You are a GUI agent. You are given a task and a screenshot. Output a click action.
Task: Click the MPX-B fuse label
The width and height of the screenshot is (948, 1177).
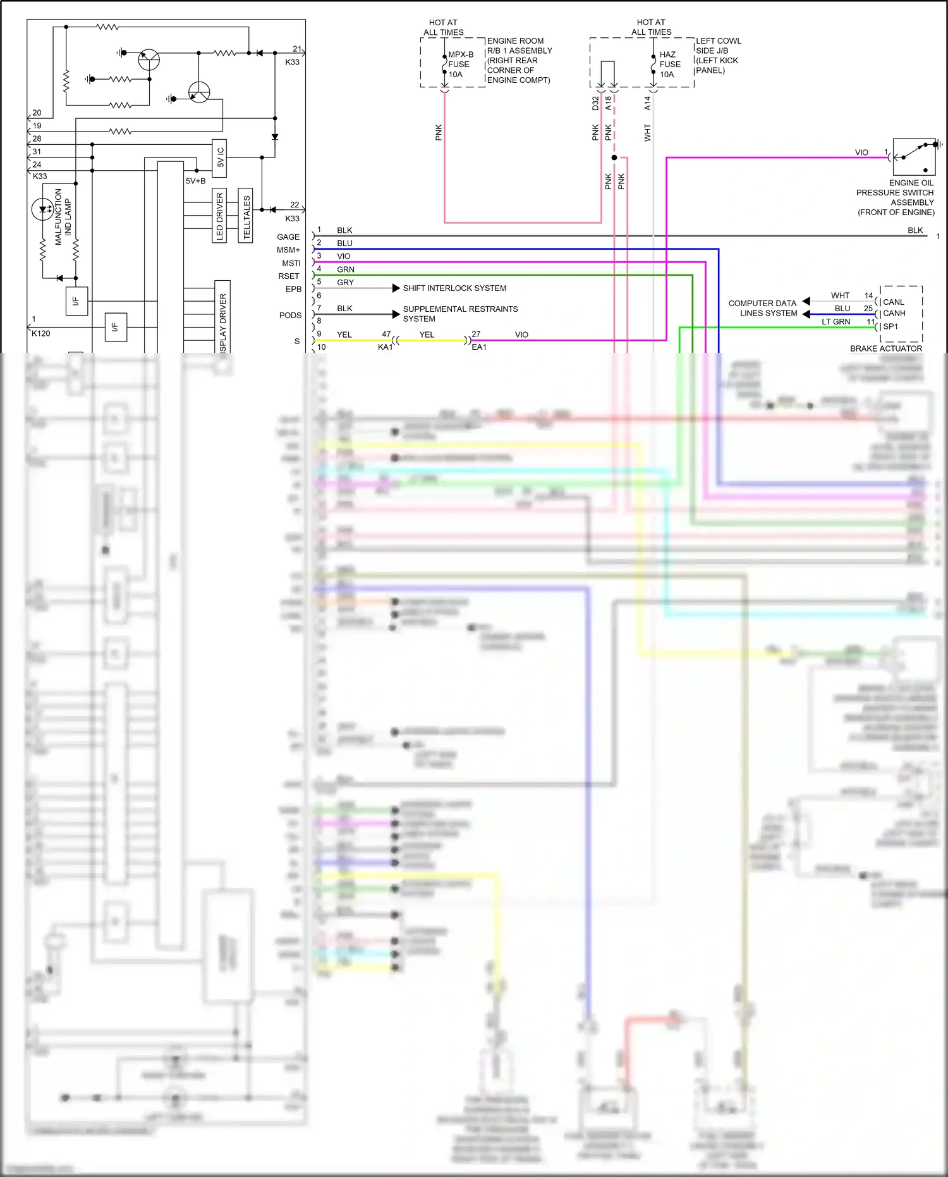click(x=460, y=64)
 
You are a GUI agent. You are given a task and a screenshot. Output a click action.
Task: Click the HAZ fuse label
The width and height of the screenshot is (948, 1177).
click(x=669, y=64)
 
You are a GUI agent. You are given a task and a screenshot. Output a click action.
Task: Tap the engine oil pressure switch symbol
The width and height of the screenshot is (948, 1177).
click(x=914, y=156)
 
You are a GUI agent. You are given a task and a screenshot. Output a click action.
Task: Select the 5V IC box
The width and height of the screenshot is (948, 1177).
click(x=220, y=157)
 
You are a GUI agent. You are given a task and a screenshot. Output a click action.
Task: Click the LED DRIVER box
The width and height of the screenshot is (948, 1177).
click(x=220, y=215)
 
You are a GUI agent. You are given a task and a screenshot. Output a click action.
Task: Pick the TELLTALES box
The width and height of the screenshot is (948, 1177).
click(x=246, y=215)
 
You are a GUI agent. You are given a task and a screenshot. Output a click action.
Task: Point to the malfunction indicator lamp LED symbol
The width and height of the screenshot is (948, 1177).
click(x=43, y=209)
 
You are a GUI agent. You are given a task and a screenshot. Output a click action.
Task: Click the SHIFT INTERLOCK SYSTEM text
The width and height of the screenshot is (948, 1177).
click(x=454, y=288)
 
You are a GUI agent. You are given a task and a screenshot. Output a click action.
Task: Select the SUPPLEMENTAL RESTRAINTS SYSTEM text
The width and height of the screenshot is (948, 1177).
click(x=459, y=314)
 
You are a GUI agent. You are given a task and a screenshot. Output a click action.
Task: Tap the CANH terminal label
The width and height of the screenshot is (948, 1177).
click(x=894, y=314)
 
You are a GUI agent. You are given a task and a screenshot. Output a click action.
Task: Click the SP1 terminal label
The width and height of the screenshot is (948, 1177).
click(x=890, y=326)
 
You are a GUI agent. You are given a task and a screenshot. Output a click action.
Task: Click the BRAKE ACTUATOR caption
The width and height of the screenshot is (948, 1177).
click(x=885, y=348)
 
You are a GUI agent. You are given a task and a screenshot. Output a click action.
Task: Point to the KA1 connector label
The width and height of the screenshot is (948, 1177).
click(x=385, y=347)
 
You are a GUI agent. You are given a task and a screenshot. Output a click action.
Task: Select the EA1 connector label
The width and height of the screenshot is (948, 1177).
click(x=479, y=347)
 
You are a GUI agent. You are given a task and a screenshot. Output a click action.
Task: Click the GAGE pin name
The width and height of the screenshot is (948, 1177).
click(x=288, y=237)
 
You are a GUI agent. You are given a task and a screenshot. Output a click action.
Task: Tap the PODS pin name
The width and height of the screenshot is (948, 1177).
click(x=290, y=315)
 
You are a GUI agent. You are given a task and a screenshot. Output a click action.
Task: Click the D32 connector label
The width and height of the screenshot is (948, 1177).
click(x=595, y=103)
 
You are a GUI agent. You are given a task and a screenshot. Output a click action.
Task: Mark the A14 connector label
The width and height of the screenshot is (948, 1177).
click(x=647, y=103)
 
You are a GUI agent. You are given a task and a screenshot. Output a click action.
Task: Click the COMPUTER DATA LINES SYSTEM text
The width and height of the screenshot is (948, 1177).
click(x=762, y=308)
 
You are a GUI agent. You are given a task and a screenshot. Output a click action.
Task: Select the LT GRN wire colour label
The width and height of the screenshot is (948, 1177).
click(x=836, y=322)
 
